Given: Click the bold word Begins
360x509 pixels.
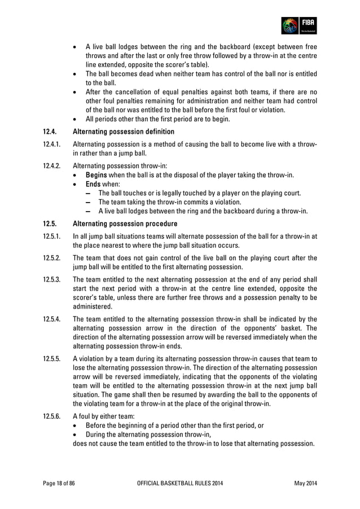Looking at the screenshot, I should click(x=96, y=175).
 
